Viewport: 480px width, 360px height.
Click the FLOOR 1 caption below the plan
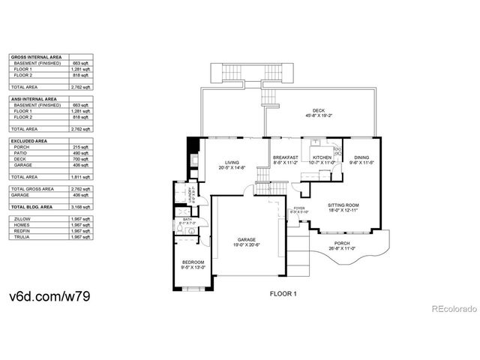(x=283, y=295)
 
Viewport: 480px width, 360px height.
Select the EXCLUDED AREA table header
(x=26, y=140)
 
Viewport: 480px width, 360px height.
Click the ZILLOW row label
(x=22, y=218)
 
